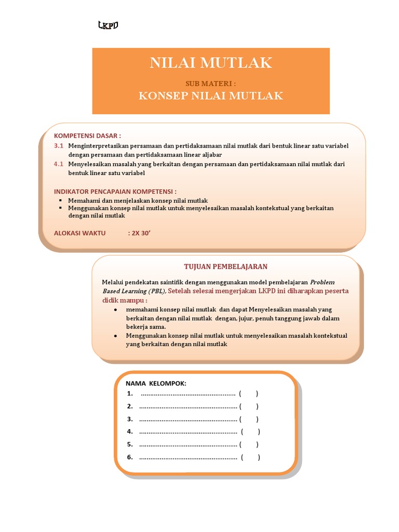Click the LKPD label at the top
[x=109, y=25]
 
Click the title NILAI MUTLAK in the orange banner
[x=211, y=63]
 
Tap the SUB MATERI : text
[x=211, y=84]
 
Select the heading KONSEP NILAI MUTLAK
[x=211, y=96]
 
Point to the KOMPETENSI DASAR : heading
[x=87, y=136]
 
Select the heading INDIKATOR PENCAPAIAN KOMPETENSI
[x=115, y=191]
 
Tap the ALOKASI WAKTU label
[x=79, y=233]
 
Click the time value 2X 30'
[x=139, y=233]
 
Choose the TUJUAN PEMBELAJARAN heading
[x=226, y=267]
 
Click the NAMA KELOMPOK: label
[x=156, y=383]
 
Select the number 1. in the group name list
[x=129, y=393]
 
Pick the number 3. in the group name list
[x=129, y=419]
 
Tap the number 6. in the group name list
[x=129, y=457]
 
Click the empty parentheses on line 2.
[x=249, y=406]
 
